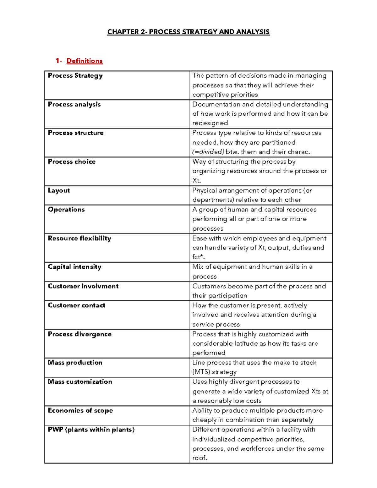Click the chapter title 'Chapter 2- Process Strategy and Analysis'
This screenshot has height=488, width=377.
(188, 32)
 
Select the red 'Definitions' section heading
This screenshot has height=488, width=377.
(84, 61)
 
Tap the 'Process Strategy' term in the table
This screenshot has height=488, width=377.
(75, 76)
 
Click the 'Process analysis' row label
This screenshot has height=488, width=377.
(74, 104)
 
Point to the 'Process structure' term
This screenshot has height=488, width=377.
(75, 133)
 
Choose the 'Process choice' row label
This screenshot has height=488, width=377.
(72, 162)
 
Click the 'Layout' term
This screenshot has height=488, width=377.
(59, 190)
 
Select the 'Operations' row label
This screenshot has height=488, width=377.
(66, 210)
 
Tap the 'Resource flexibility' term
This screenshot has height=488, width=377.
(79, 238)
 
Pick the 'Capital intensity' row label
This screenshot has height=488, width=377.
(74, 267)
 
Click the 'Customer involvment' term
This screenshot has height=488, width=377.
(83, 286)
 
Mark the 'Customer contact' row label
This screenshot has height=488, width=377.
(76, 305)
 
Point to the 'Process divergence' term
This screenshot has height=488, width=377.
(79, 334)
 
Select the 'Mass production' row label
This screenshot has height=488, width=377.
(75, 363)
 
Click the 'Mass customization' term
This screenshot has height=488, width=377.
(80, 382)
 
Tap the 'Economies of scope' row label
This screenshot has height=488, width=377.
(80, 410)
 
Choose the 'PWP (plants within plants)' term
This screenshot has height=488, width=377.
(91, 430)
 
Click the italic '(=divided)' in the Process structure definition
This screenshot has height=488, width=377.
(208, 152)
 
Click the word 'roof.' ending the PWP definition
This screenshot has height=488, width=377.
(199, 458)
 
